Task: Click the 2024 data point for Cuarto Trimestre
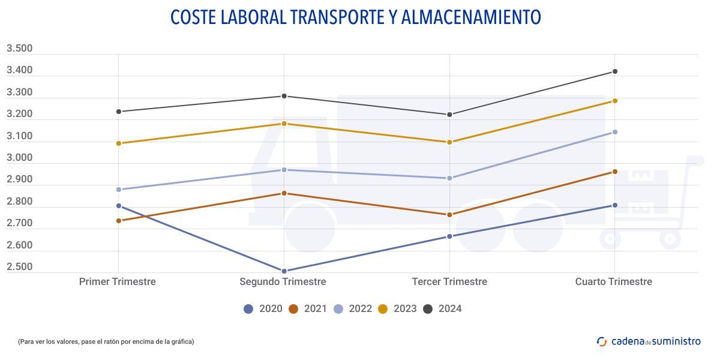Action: tap(614, 71)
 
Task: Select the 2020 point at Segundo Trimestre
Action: tap(284, 271)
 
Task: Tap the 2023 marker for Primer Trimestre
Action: tap(119, 143)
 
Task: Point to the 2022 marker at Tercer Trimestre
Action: tap(449, 178)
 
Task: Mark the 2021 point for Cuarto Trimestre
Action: tap(614, 172)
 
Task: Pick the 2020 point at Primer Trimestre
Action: tap(119, 206)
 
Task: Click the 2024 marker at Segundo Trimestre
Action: tap(284, 96)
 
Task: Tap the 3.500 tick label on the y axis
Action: tap(19, 49)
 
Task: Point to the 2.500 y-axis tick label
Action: tap(19, 267)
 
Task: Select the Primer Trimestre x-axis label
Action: tap(118, 281)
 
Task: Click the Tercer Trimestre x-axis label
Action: tap(449, 281)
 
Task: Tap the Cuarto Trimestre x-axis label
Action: tap(613, 281)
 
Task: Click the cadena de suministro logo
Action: tap(649, 341)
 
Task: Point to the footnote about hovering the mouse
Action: tap(106, 341)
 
